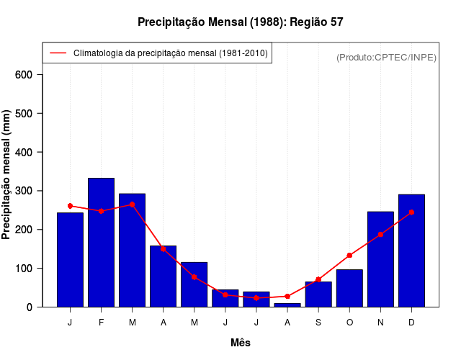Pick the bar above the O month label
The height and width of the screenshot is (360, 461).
tap(349, 288)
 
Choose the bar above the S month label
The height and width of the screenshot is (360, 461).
tap(318, 294)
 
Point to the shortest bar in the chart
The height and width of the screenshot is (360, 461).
tap(287, 305)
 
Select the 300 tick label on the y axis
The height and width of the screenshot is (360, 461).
tap(22, 191)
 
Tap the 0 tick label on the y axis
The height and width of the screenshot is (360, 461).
tap(27, 307)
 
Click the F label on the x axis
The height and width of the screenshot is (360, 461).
tap(101, 323)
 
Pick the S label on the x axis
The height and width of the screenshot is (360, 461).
tap(318, 323)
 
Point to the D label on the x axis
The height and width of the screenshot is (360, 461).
tap(411, 323)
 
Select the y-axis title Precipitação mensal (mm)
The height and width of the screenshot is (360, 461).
tap(6, 175)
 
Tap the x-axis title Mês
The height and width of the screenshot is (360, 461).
tap(241, 343)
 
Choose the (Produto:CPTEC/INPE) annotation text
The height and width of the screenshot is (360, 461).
tap(386, 58)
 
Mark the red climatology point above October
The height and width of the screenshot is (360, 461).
tap(349, 256)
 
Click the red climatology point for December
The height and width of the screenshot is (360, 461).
tap(411, 212)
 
